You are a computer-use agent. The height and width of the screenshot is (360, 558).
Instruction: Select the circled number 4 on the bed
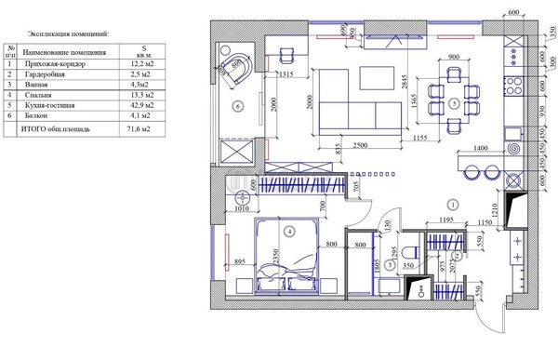[289, 231]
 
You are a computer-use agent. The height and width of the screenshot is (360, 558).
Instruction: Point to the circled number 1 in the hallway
[452, 204]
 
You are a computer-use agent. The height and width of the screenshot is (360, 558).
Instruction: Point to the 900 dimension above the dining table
[453, 58]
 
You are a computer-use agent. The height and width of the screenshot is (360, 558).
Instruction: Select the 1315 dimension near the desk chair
[286, 73]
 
